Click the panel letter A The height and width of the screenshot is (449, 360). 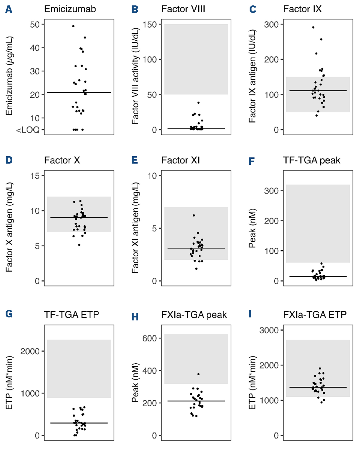click(x=9, y=10)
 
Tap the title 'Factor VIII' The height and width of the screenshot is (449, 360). click(x=183, y=9)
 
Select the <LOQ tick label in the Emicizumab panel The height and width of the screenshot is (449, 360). click(x=28, y=130)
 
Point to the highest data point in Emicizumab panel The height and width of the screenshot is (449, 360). click(x=73, y=26)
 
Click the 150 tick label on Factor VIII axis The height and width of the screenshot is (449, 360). click(x=150, y=25)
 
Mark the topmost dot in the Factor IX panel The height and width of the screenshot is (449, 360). click(x=313, y=27)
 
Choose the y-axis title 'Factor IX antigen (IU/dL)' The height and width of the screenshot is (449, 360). click(x=252, y=76)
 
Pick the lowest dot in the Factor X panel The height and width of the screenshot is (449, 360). click(x=79, y=245)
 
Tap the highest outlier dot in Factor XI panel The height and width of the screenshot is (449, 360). click(x=194, y=215)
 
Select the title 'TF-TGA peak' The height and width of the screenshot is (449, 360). click(x=311, y=160)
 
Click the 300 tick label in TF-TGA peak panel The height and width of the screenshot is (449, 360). click(x=271, y=191)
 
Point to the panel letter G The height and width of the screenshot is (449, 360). click(x=9, y=314)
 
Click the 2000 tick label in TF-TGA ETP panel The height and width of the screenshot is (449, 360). click(x=30, y=351)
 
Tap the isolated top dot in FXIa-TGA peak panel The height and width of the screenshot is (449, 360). click(x=198, y=374)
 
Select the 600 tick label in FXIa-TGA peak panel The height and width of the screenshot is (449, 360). click(x=150, y=338)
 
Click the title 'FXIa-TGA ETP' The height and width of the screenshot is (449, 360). click(x=315, y=315)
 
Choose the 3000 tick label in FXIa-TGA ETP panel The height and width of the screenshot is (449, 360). click(x=269, y=330)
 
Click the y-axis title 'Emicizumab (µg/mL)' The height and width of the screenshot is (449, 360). click(x=9, y=76)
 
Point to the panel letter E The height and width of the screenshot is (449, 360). click(x=135, y=160)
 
